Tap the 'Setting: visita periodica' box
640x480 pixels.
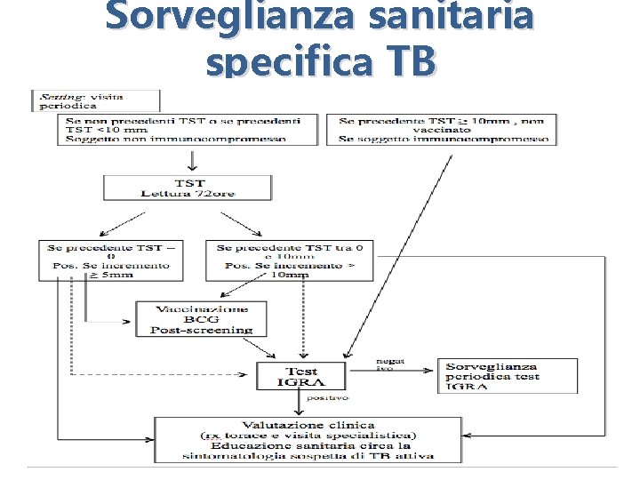95,100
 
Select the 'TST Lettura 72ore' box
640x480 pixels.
187,187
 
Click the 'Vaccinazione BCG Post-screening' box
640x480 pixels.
202,319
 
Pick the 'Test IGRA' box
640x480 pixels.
301,376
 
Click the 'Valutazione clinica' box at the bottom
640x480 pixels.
308,439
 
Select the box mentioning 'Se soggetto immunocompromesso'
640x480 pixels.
444,128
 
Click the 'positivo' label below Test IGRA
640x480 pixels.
328,397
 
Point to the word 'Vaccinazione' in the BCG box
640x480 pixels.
202,308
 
